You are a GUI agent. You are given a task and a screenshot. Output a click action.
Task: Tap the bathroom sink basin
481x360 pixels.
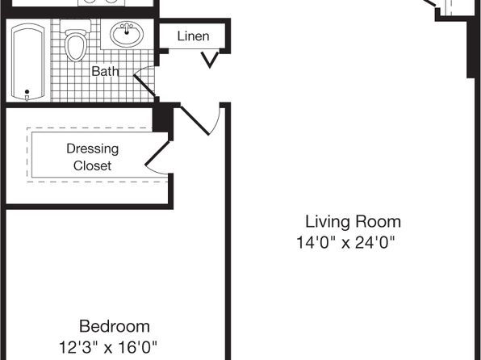(x=127, y=34)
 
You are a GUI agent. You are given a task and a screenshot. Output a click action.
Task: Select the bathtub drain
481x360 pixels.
(x=27, y=92)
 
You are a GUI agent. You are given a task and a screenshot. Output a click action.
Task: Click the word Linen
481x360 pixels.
(x=193, y=36)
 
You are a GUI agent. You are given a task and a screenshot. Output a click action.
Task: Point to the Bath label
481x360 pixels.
(x=105, y=71)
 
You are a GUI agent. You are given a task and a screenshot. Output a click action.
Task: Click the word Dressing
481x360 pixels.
(x=93, y=149)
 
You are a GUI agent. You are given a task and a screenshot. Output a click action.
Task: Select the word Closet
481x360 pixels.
(x=92, y=165)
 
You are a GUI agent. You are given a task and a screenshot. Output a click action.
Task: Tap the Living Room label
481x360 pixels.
(x=353, y=222)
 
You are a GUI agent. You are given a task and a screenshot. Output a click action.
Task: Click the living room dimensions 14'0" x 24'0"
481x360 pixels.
(x=345, y=242)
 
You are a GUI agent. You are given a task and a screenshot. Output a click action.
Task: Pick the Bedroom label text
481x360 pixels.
(x=115, y=326)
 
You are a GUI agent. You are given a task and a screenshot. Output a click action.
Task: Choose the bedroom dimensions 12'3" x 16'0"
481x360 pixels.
(x=107, y=347)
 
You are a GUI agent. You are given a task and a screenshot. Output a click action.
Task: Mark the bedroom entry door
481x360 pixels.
(x=200, y=119)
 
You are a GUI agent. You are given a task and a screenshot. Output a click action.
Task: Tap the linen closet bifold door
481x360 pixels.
(x=210, y=59)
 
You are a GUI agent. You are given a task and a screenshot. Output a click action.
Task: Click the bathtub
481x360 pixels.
(x=27, y=62)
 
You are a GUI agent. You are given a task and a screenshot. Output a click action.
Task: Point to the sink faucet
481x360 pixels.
(x=127, y=27)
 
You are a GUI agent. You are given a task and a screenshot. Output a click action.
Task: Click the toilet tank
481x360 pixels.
(x=76, y=24)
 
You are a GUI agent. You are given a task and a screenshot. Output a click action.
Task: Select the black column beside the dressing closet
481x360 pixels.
(x=163, y=121)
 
